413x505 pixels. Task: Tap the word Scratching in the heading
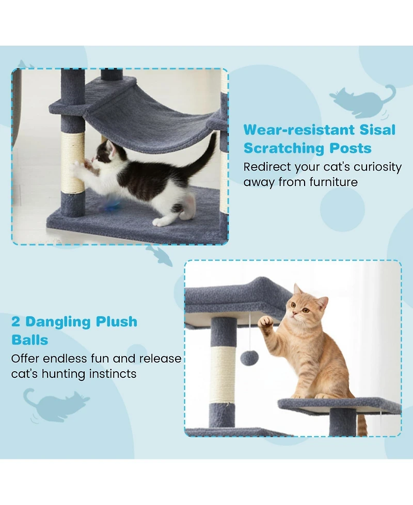[281, 148]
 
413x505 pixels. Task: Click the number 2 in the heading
[16, 322]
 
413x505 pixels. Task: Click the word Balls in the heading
[29, 340]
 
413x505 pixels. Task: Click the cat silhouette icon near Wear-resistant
[361, 99]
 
